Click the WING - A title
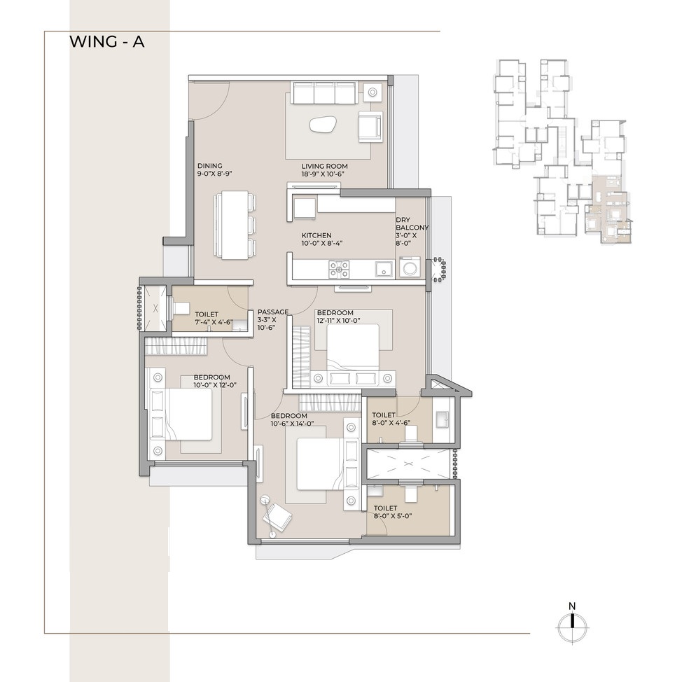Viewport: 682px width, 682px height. [x=107, y=42]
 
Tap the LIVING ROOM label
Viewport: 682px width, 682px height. [x=324, y=166]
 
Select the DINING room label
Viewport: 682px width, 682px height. [x=209, y=166]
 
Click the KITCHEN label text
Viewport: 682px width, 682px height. [x=316, y=235]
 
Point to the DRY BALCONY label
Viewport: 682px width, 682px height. [x=412, y=223]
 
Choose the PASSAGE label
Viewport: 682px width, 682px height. [x=272, y=312]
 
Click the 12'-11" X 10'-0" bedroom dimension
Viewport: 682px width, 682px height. [x=338, y=321]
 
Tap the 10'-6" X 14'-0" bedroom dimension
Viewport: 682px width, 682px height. [x=292, y=424]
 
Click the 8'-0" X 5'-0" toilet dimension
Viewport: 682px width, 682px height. [x=393, y=516]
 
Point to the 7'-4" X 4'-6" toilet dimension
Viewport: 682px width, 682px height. [x=214, y=322]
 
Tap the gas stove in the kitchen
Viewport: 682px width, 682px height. [x=339, y=269]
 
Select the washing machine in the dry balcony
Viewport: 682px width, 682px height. [x=410, y=267]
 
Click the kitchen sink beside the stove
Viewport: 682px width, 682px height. [x=384, y=269]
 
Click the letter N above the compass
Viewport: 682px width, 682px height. [x=572, y=606]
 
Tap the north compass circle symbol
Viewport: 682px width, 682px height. [x=572, y=627]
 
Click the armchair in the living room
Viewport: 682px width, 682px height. [x=370, y=127]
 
